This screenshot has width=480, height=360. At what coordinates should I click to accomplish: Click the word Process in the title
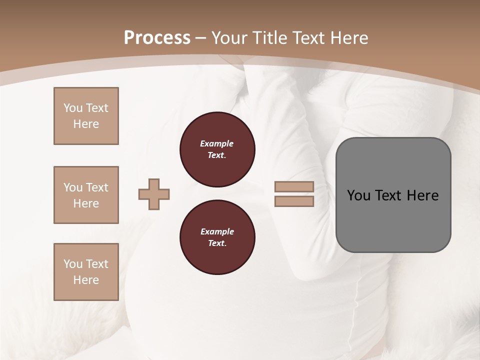157,38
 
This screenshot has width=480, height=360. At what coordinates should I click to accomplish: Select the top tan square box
86,116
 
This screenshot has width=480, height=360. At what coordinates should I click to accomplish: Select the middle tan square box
86,195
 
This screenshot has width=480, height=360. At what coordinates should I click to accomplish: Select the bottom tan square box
86,272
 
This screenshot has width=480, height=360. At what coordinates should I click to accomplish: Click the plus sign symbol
154,194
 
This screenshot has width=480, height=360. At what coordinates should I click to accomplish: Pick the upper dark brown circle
217,149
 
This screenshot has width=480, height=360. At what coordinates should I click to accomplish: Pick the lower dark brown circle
217,237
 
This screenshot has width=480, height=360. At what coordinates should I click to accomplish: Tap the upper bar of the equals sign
294,187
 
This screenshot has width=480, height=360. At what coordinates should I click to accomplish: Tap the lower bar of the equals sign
294,201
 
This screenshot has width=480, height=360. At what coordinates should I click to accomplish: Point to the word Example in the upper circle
217,143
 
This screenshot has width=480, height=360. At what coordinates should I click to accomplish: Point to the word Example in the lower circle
217,231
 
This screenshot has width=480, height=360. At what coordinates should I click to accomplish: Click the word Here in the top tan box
86,124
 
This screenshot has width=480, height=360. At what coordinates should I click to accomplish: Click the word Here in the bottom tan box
86,280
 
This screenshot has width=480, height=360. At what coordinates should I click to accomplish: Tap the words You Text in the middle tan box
86,187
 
